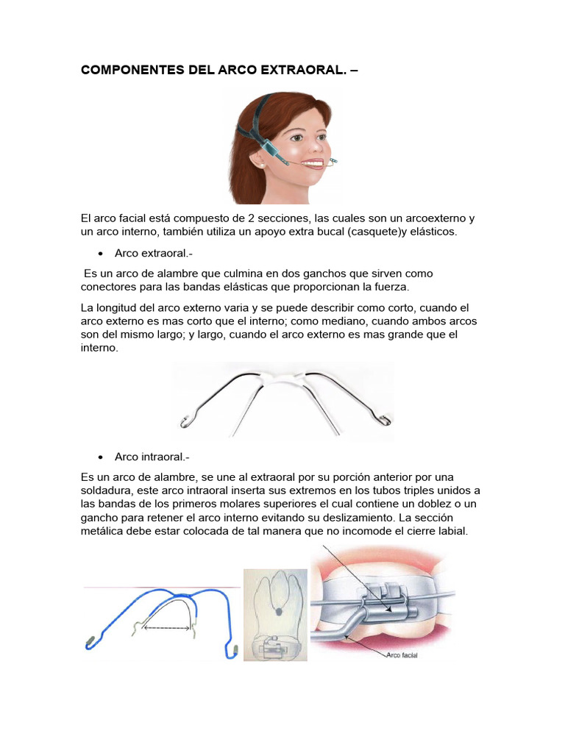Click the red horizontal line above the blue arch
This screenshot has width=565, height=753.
(162, 587)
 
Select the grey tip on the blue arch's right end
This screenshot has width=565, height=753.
(235, 649)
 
